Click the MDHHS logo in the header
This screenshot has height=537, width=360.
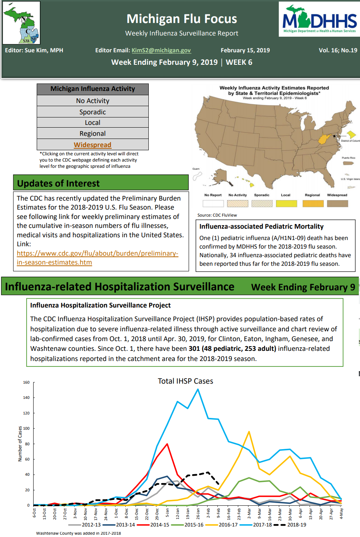coord(319,19)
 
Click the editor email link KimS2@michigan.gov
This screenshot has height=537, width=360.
coord(161,50)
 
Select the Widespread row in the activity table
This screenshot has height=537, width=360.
coord(93,145)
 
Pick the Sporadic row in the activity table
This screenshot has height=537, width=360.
coord(93,112)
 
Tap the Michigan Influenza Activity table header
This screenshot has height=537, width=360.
coord(93,89)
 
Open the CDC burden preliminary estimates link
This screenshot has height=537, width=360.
coord(97,258)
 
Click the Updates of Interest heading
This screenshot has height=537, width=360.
coord(59,183)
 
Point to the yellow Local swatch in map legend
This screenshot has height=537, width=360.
coord(286,203)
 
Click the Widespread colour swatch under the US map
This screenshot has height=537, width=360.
coord(337,203)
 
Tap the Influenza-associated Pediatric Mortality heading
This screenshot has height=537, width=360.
coord(261,226)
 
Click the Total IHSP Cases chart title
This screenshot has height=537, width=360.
coord(185,381)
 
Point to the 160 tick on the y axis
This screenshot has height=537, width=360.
coord(26,382)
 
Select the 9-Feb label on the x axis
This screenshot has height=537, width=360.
coord(218,513)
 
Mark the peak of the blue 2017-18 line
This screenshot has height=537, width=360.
coord(198,389)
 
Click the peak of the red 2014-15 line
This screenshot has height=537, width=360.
coord(167,444)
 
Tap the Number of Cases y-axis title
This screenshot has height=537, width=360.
coord(20,444)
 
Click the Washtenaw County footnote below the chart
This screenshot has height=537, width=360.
coord(78,533)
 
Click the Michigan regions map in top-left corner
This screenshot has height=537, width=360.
coord(21,23)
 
